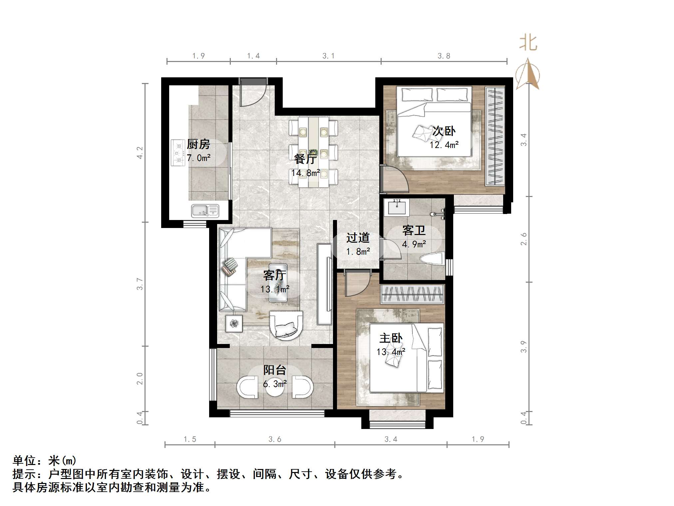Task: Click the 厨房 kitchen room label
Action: (x=198, y=144)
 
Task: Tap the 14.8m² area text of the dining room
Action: (x=305, y=173)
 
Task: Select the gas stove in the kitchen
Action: (x=178, y=153)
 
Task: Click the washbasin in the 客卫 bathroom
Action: (x=397, y=207)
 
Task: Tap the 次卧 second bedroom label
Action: (x=444, y=131)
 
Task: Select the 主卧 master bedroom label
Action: (x=391, y=338)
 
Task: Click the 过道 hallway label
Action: (x=358, y=238)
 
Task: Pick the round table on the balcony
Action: (x=275, y=387)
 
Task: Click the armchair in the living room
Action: (x=286, y=325)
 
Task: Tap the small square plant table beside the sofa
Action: (x=234, y=323)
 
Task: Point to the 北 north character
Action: (x=528, y=43)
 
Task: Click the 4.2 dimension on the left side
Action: (x=140, y=153)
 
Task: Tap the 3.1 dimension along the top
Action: (x=328, y=56)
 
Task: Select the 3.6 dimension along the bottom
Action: (x=275, y=439)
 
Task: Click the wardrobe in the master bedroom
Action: (x=412, y=294)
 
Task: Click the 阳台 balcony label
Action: (x=275, y=370)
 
